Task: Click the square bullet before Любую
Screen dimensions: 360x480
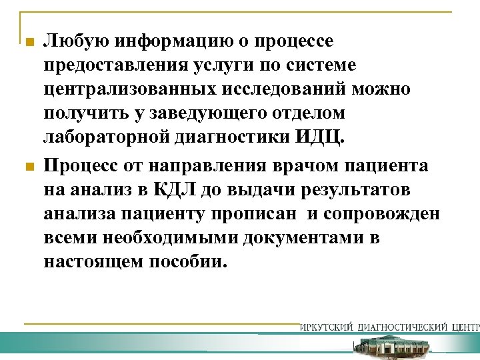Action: click(27, 43)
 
